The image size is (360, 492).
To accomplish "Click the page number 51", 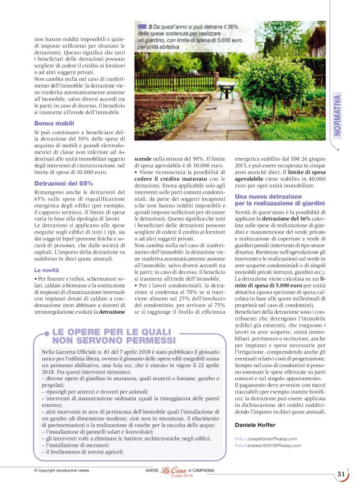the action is tap(341, 474).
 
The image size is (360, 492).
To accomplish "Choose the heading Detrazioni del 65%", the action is tap(63, 184).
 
